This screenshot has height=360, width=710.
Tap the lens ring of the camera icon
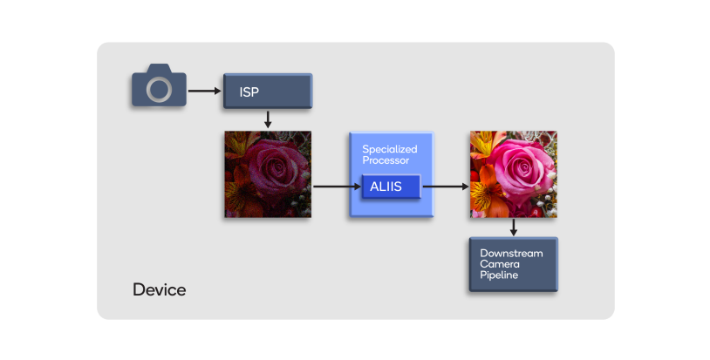click(x=160, y=89)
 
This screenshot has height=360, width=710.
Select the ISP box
click(x=268, y=91)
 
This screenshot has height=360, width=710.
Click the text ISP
click(x=249, y=91)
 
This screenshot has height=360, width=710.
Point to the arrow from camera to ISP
click(x=205, y=90)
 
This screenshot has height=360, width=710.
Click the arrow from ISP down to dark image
click(x=268, y=119)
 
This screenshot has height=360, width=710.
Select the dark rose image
click(x=268, y=173)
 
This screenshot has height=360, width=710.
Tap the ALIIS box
click(x=390, y=186)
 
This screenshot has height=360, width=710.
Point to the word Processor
click(x=386, y=160)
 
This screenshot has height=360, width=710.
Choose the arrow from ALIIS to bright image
click(x=445, y=186)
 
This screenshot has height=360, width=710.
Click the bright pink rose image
click(x=513, y=173)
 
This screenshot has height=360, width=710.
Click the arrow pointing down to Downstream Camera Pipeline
click(x=513, y=227)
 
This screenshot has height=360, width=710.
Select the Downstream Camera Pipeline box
click(x=513, y=263)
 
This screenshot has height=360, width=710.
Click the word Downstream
click(x=511, y=253)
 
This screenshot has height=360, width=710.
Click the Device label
click(x=159, y=289)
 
